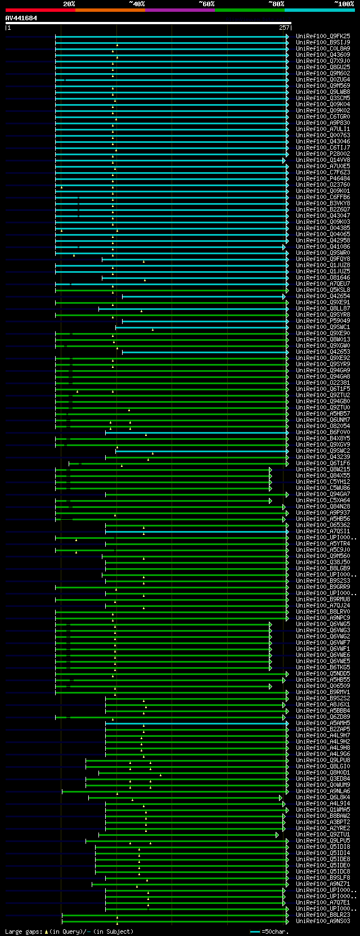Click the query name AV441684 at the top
[21, 18]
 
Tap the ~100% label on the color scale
[344, 4]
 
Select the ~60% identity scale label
[206, 4]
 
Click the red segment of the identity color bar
[40, 10]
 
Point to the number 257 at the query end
[283, 28]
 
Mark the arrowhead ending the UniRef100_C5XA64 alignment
[271, 500]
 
